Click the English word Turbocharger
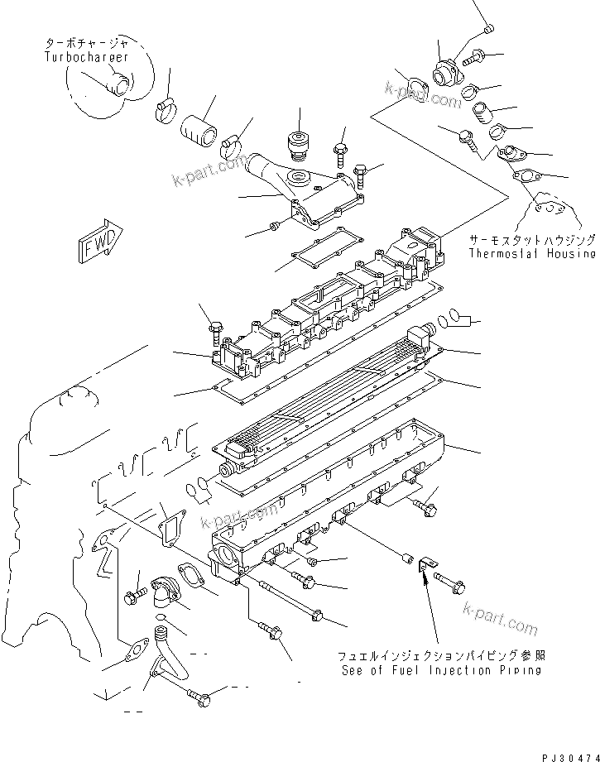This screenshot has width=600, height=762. pos(87,57)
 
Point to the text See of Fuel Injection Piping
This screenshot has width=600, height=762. pos(441,669)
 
